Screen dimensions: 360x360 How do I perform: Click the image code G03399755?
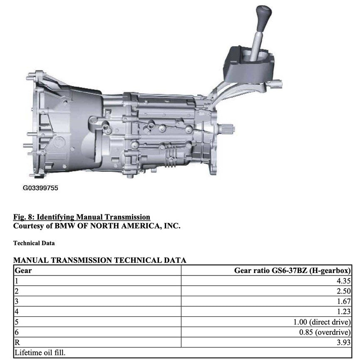[x=40, y=188]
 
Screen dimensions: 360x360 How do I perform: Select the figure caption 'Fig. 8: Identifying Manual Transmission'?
[x=82, y=217]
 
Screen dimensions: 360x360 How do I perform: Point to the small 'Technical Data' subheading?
[x=34, y=243]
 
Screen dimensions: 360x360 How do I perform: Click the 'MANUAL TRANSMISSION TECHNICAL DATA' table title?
[x=99, y=260]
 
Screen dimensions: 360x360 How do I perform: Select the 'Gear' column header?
[x=23, y=271]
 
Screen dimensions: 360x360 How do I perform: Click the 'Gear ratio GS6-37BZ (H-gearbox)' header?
[x=293, y=271]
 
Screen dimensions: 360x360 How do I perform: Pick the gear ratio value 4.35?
[x=344, y=281]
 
